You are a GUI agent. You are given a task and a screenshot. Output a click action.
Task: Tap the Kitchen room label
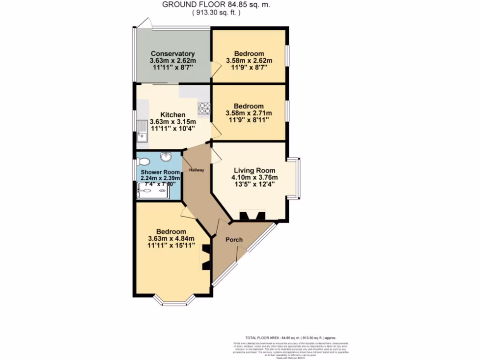point(172,115)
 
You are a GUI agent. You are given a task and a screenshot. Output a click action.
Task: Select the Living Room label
point(254,170)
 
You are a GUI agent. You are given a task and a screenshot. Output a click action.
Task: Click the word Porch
point(234,240)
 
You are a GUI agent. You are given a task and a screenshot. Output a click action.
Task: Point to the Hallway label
point(196,170)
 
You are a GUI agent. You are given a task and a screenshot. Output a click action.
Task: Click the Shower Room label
point(160,172)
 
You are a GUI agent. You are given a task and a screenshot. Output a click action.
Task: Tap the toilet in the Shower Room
point(143,162)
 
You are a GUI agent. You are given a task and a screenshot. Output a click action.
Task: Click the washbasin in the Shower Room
point(165,157)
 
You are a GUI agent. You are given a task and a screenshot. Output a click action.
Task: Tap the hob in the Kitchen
point(204,108)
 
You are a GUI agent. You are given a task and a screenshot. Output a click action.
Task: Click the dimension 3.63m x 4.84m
point(171,238)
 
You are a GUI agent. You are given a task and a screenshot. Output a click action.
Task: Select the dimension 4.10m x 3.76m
point(254,177)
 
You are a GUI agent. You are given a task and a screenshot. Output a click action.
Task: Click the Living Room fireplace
point(252,216)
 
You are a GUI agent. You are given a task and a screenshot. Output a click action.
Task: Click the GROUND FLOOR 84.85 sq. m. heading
point(216,5)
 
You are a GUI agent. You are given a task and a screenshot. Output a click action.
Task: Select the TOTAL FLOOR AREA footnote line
point(291,337)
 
